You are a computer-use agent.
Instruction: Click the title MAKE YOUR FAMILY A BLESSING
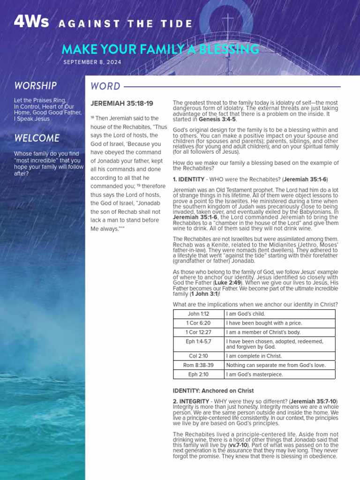(x=160, y=49)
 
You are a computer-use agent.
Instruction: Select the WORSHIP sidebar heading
(x=36, y=86)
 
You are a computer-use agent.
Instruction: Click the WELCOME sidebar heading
(x=37, y=138)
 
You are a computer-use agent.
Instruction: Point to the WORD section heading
(x=105, y=86)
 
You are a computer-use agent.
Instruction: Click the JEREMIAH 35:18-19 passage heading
(x=121, y=103)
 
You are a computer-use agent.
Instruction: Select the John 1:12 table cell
(x=198, y=314)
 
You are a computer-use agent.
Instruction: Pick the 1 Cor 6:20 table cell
(x=198, y=323)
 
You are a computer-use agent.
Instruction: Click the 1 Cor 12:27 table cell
(x=198, y=332)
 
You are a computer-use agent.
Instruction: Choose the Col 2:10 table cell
(x=198, y=356)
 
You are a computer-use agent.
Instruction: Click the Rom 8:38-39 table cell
(x=198, y=365)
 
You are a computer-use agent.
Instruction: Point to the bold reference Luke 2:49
(x=228, y=283)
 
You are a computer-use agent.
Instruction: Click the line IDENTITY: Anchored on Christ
(x=213, y=390)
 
